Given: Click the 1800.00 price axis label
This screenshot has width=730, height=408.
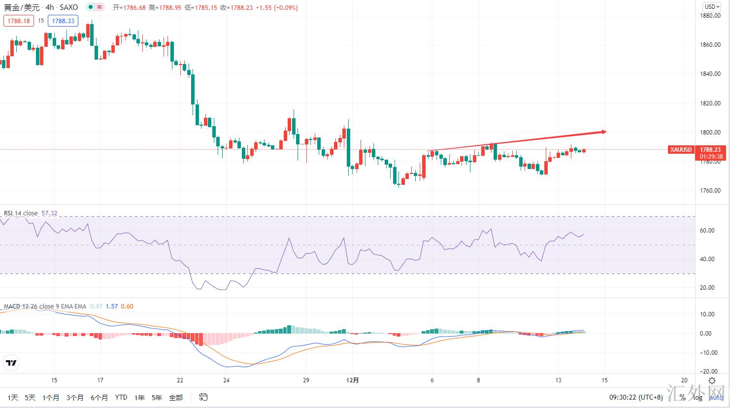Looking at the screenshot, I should [710, 132].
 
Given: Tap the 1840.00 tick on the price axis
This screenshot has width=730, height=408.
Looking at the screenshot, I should [710, 74].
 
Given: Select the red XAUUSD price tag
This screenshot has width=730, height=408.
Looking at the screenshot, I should [681, 149].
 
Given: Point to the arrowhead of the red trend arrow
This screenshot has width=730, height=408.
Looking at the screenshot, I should [604, 132].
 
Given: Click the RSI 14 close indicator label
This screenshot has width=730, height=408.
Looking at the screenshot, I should [21, 213].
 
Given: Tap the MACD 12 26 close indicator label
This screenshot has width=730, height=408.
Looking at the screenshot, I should [45, 306].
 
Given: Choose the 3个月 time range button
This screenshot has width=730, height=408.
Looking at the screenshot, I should [75, 398].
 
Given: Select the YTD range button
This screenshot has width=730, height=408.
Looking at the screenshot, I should [121, 398].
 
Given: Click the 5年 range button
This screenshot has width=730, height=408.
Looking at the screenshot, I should [157, 398].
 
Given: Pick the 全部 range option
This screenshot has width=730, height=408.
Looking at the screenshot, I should [176, 398].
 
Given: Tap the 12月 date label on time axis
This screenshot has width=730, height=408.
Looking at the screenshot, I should [353, 380].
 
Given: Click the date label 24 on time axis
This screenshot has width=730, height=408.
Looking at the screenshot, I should [226, 380].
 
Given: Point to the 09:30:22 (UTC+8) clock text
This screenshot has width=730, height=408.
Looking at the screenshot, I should [636, 398].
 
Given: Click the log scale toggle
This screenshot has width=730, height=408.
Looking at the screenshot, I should [698, 398].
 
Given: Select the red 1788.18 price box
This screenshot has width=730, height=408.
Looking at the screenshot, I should [19, 21].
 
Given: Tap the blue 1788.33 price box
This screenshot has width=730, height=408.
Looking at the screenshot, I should [63, 21].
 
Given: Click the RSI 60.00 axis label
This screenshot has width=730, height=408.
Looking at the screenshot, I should [707, 231].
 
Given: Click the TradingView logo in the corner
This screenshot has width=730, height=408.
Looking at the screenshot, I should [11, 364].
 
